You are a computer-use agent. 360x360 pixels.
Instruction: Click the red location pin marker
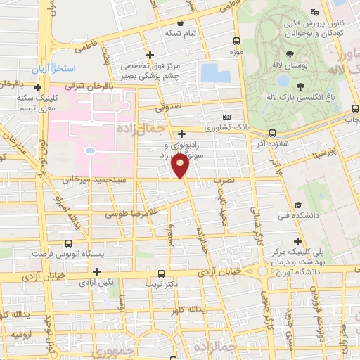click(181, 166)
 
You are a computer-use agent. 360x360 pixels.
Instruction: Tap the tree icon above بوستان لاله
click(290, 55)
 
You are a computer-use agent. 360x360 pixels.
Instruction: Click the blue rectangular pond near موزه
click(210, 72)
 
